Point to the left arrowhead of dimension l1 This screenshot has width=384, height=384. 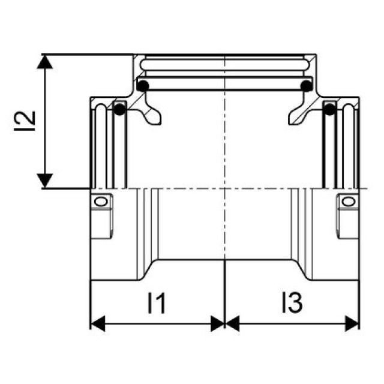coord(97,325)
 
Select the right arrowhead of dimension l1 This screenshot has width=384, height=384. coord(218,325)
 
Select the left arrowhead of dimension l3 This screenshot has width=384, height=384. coord(231,325)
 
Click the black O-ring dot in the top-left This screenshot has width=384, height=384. coord(142,86)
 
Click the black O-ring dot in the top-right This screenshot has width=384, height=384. coord(306,86)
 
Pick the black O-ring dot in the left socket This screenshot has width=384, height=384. coord(119,110)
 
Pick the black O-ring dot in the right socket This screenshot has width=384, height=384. coord(329,110)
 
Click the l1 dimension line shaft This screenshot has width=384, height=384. coord(157,325)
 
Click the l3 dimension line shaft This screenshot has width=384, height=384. coord(292,325)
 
